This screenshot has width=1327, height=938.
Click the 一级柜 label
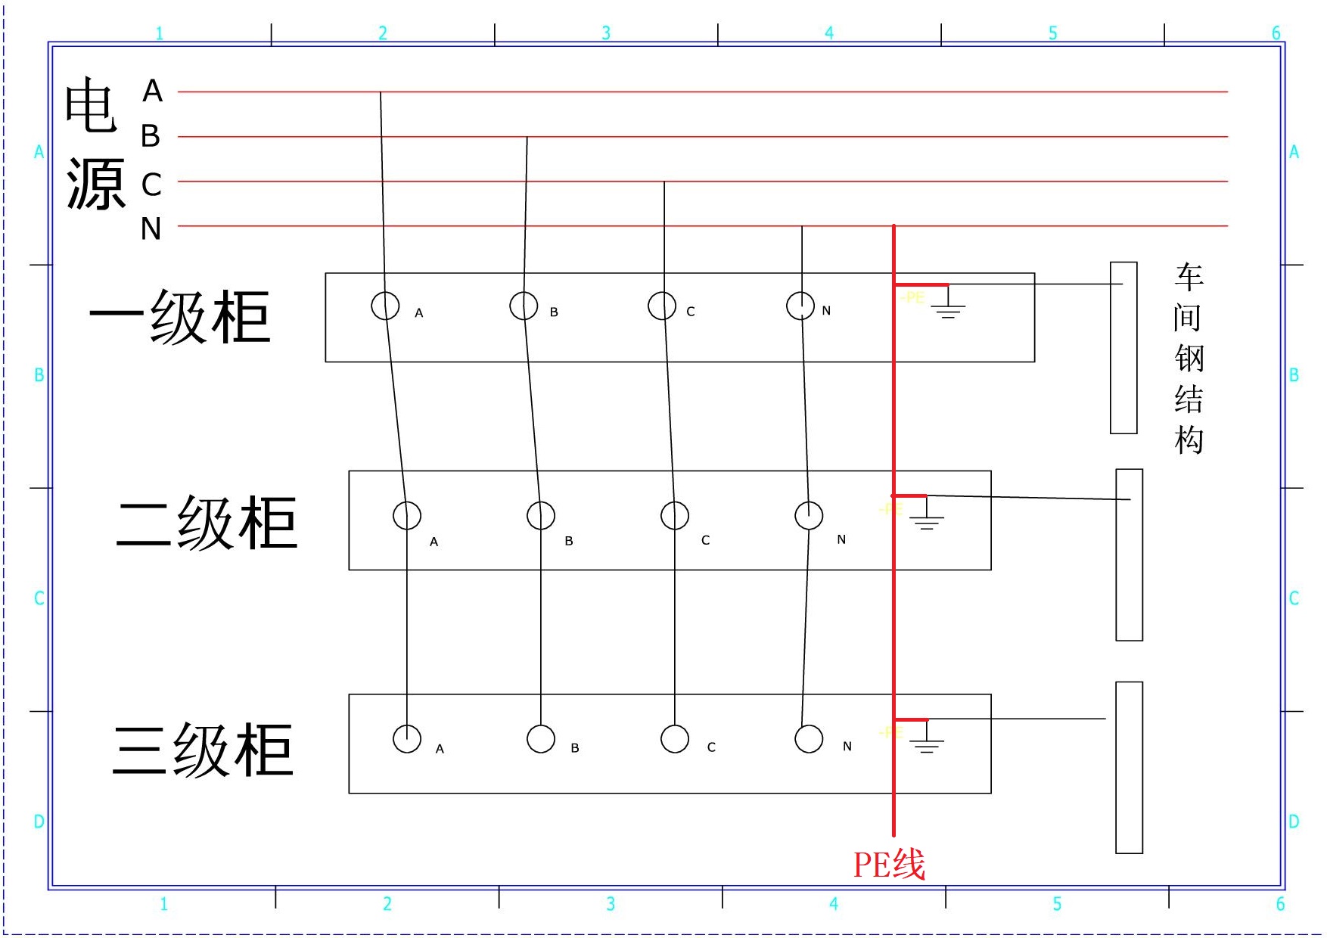(x=180, y=317)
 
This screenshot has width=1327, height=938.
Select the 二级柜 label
(x=207, y=523)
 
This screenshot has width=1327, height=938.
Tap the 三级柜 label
(x=203, y=750)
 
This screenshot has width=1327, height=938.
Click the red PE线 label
(x=889, y=865)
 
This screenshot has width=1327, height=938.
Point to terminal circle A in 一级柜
(x=385, y=306)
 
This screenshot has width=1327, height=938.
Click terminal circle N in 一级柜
(x=800, y=306)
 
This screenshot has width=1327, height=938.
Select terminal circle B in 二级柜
(x=541, y=516)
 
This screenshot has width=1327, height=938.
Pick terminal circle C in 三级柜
(x=675, y=739)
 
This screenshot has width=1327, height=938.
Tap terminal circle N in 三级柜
(x=809, y=739)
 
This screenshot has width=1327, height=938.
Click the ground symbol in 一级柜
(x=948, y=306)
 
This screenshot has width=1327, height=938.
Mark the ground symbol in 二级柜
(x=927, y=518)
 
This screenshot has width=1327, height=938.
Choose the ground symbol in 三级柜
(x=927, y=742)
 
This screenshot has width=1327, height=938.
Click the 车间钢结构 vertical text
(x=1189, y=358)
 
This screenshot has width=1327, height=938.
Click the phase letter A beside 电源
(x=153, y=92)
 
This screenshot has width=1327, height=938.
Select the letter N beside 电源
(x=151, y=228)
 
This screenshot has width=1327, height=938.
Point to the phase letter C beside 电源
(x=151, y=184)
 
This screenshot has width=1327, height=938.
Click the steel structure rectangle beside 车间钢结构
(x=1123, y=348)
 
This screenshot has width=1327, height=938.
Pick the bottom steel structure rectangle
(x=1130, y=768)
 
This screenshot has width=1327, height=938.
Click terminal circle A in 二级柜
(x=407, y=516)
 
